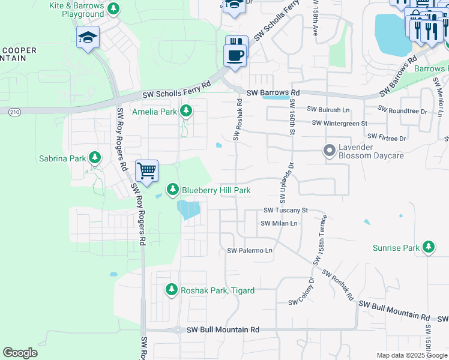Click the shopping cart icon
click(x=146, y=172)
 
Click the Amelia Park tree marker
click(x=187, y=111)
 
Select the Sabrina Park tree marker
click(x=94, y=158)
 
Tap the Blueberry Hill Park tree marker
click(x=173, y=190)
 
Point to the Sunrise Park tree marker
click(x=428, y=247)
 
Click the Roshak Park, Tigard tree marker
click(x=172, y=290)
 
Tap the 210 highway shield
click(x=14, y=111)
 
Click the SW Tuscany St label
click(x=286, y=211)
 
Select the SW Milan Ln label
click(x=279, y=223)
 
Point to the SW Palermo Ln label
click(x=250, y=250)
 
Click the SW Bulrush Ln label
click(x=328, y=110)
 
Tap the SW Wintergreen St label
click(x=339, y=124)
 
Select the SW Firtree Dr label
click(x=387, y=138)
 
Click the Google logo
click(x=20, y=353)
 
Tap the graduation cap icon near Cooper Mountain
click(x=88, y=38)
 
